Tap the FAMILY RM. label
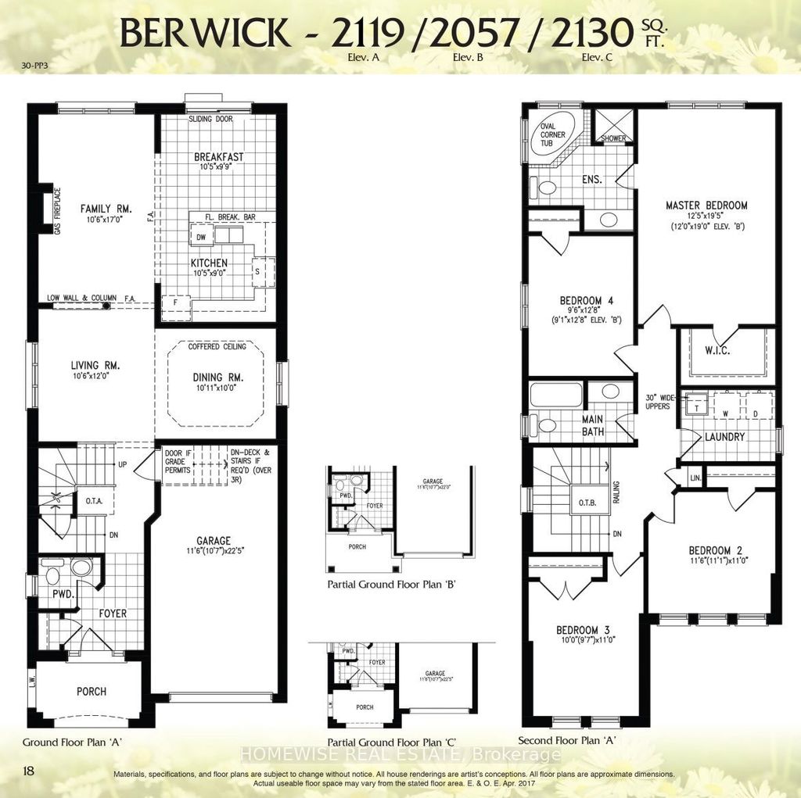pyautogui.click(x=106, y=209)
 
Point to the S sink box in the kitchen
pyautogui.click(x=257, y=270)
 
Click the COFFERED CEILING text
pyautogui.click(x=217, y=346)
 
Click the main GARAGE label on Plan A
pyautogui.click(x=213, y=540)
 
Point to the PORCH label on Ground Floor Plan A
pyautogui.click(x=92, y=691)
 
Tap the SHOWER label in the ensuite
pyautogui.click(x=613, y=138)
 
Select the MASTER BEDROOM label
pyautogui.click(x=706, y=206)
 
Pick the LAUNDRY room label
pyautogui.click(x=724, y=437)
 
